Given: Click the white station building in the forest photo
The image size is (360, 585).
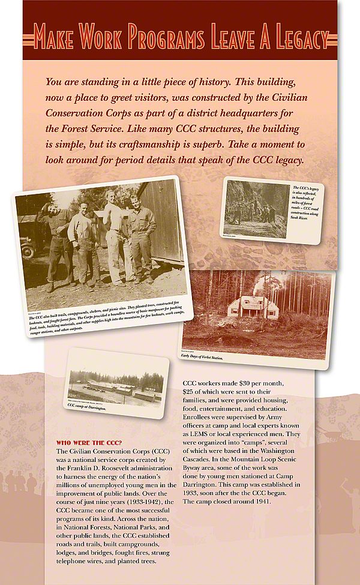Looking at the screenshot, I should click(x=251, y=307).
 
